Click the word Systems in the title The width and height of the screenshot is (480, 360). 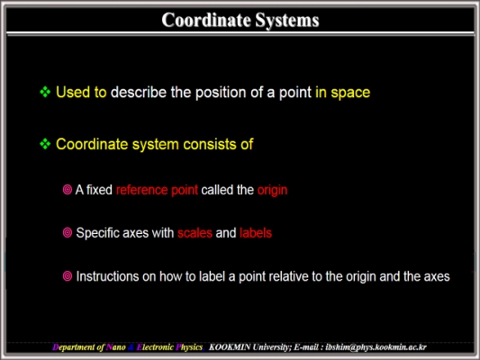(287, 21)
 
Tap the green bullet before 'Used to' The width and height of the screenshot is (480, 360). (45, 92)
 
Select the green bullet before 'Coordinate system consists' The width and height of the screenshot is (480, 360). (45, 144)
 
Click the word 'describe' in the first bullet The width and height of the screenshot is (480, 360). (139, 92)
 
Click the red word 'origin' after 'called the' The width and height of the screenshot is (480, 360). (272, 191)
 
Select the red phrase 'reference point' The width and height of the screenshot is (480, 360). (157, 190)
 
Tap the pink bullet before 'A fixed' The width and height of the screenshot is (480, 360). (68, 190)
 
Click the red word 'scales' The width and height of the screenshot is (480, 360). (195, 233)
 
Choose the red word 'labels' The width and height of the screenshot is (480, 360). (256, 233)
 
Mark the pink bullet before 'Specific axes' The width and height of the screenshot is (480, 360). (68, 233)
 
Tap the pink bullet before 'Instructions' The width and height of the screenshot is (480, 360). (68, 276)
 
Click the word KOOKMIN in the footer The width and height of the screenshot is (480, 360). (230, 347)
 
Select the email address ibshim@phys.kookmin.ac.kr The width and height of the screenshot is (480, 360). (376, 347)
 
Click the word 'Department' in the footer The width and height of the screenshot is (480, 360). (74, 347)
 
